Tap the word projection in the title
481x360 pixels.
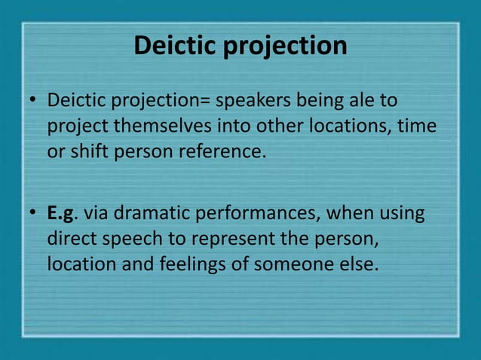pos(286,47)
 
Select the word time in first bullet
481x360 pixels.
pos(418,126)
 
